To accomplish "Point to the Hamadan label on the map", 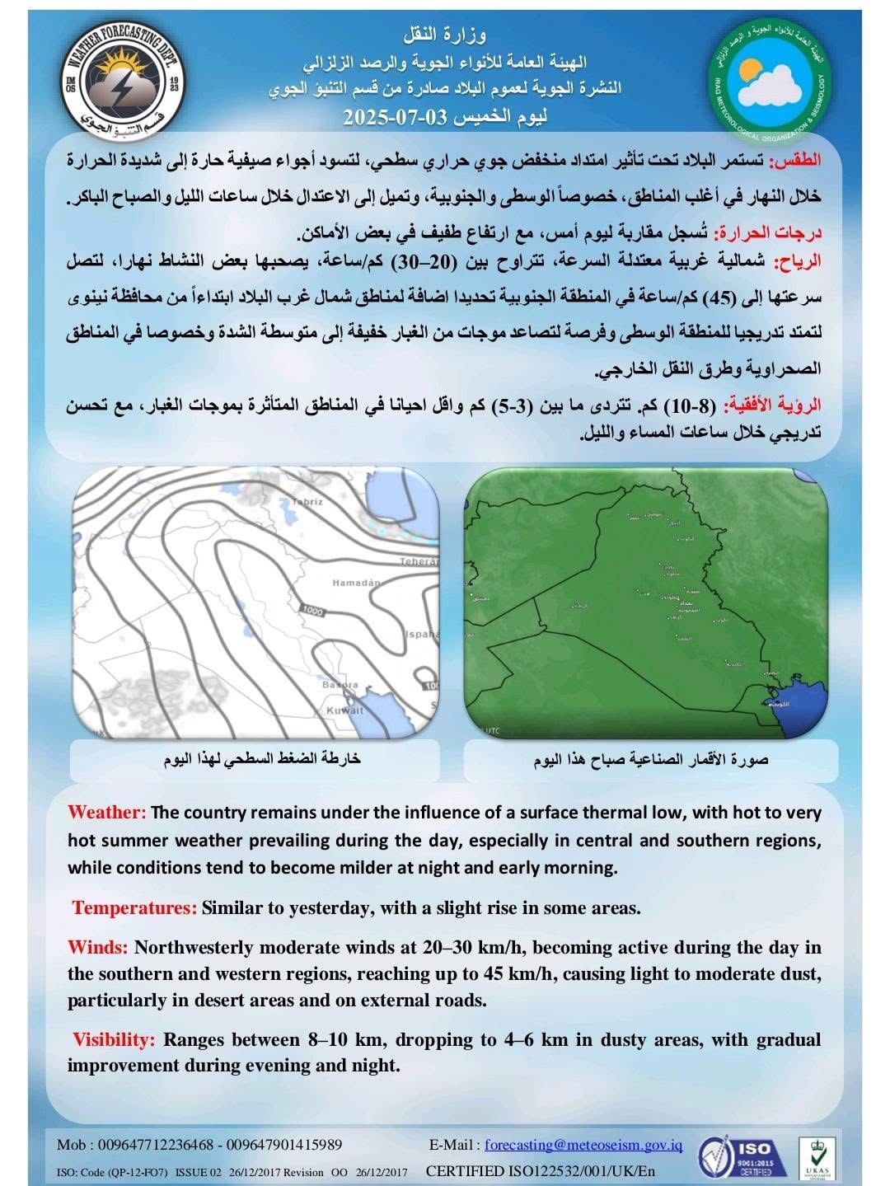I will [356, 583].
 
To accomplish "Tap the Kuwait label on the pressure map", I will [344, 710].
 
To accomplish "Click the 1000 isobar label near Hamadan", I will [313, 611].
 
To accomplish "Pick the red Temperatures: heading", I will [134, 908].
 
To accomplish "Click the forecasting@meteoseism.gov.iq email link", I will [583, 1145].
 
